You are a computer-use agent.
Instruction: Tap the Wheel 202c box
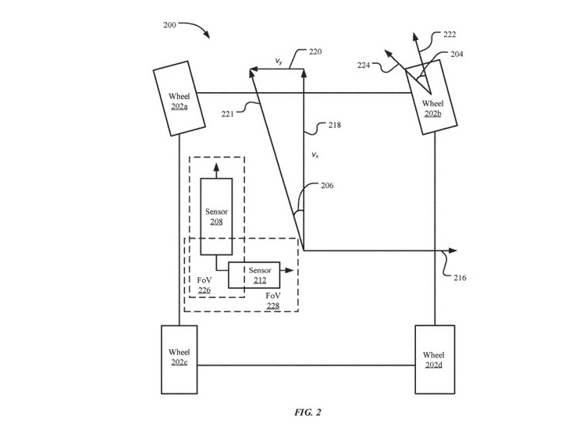pos(179,358)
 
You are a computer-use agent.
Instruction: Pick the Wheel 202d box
pos(434,360)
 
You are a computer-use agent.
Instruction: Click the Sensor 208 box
pos(216,216)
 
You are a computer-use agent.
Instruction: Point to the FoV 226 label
pos(204,285)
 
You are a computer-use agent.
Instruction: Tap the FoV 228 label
pos(273,301)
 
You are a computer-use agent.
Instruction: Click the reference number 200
pos(169,25)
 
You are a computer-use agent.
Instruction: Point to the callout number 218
pos(334,125)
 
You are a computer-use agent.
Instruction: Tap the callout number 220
pos(315,52)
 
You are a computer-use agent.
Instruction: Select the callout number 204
pos(457,54)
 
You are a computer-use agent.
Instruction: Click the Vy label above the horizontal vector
pos(279,61)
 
